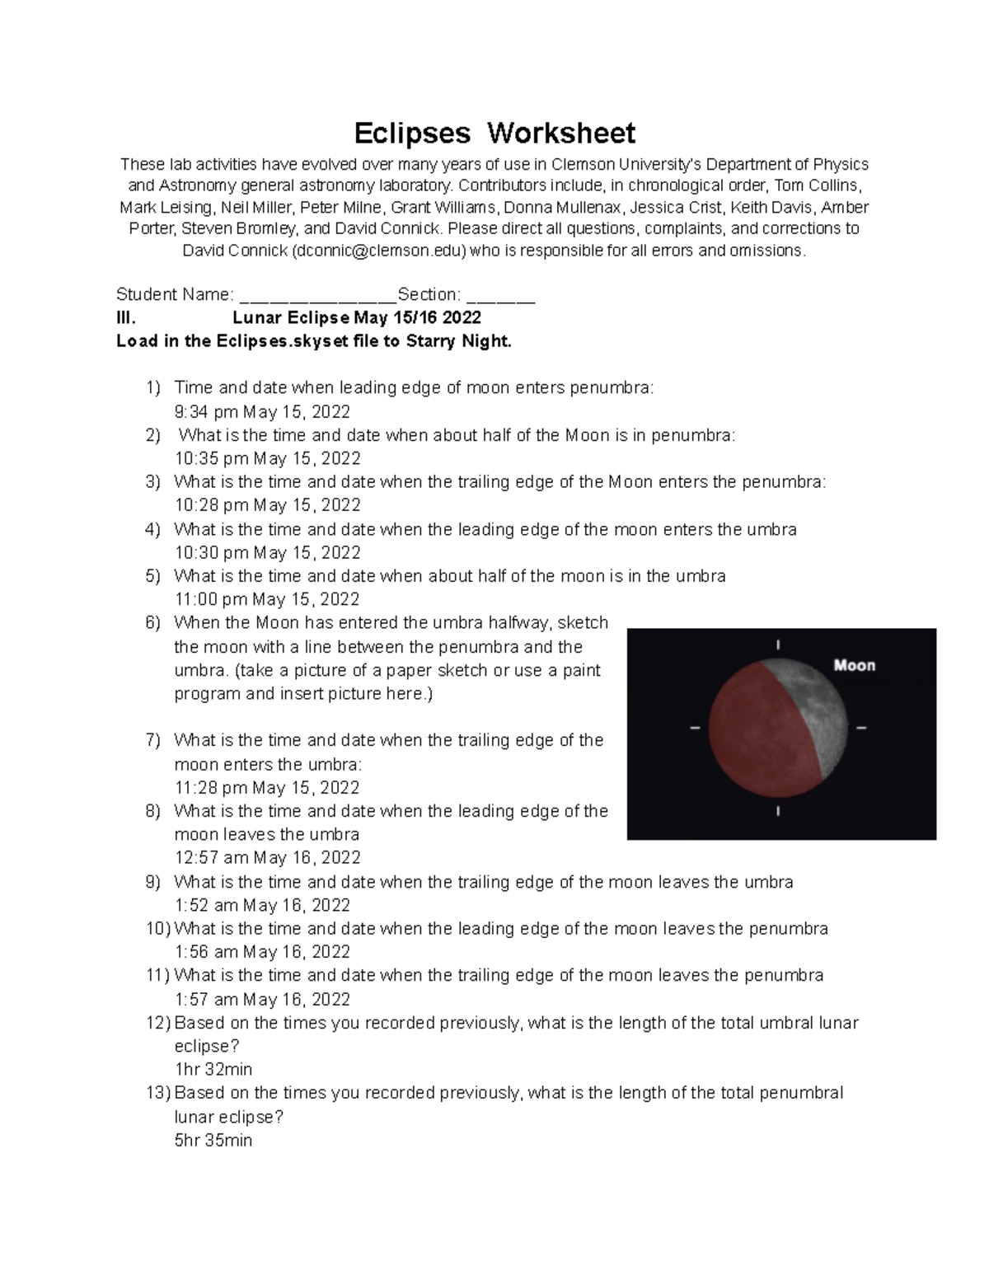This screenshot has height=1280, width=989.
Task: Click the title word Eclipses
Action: click(x=412, y=133)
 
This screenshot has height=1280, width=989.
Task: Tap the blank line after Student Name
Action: click(x=317, y=296)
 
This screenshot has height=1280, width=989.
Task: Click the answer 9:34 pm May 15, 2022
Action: click(x=262, y=411)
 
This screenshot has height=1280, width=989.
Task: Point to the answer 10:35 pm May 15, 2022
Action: click(x=268, y=458)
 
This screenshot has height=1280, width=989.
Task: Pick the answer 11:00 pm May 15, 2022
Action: click(x=267, y=599)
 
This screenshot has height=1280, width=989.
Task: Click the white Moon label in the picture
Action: click(x=854, y=665)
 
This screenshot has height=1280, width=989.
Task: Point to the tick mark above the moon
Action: click(x=778, y=645)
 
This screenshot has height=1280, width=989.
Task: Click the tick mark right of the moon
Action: click(x=862, y=729)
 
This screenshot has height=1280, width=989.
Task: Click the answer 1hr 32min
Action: click(x=213, y=1069)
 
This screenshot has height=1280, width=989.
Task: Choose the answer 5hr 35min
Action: click(x=213, y=1141)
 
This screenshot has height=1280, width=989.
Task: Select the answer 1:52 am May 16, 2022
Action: click(x=262, y=905)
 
